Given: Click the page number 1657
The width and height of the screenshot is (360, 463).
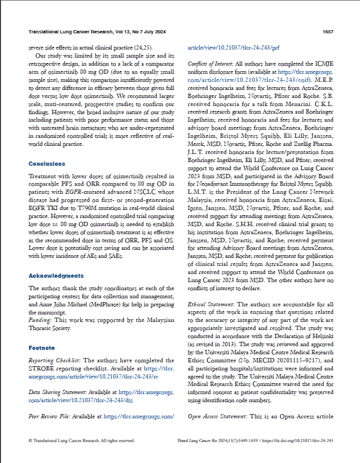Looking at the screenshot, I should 328,31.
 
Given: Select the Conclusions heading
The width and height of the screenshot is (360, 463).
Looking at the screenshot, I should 47,164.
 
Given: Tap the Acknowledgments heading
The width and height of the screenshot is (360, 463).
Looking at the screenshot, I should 56,276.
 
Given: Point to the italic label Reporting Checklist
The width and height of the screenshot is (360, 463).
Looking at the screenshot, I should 53,360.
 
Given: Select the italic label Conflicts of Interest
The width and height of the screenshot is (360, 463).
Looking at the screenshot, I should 211,64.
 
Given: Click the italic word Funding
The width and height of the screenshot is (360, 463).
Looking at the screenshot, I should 39,319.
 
